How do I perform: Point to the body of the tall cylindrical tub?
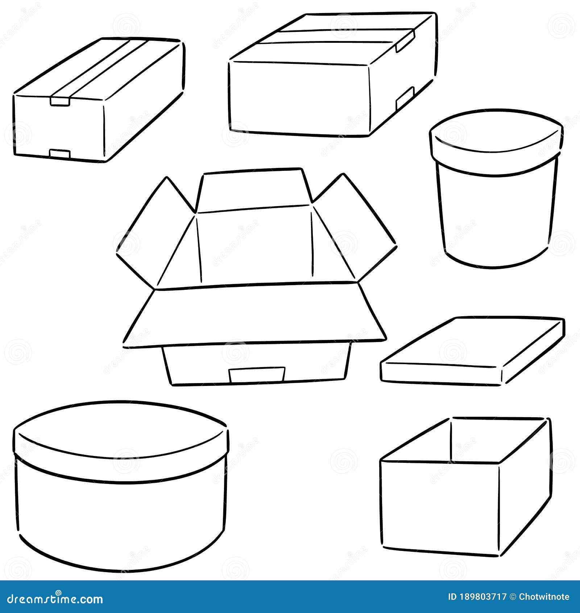(x=496, y=214)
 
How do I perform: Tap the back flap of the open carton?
(x=254, y=190)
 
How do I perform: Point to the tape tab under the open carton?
(x=257, y=374)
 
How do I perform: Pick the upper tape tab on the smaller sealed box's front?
(x=60, y=100)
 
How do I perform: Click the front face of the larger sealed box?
(x=299, y=98)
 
